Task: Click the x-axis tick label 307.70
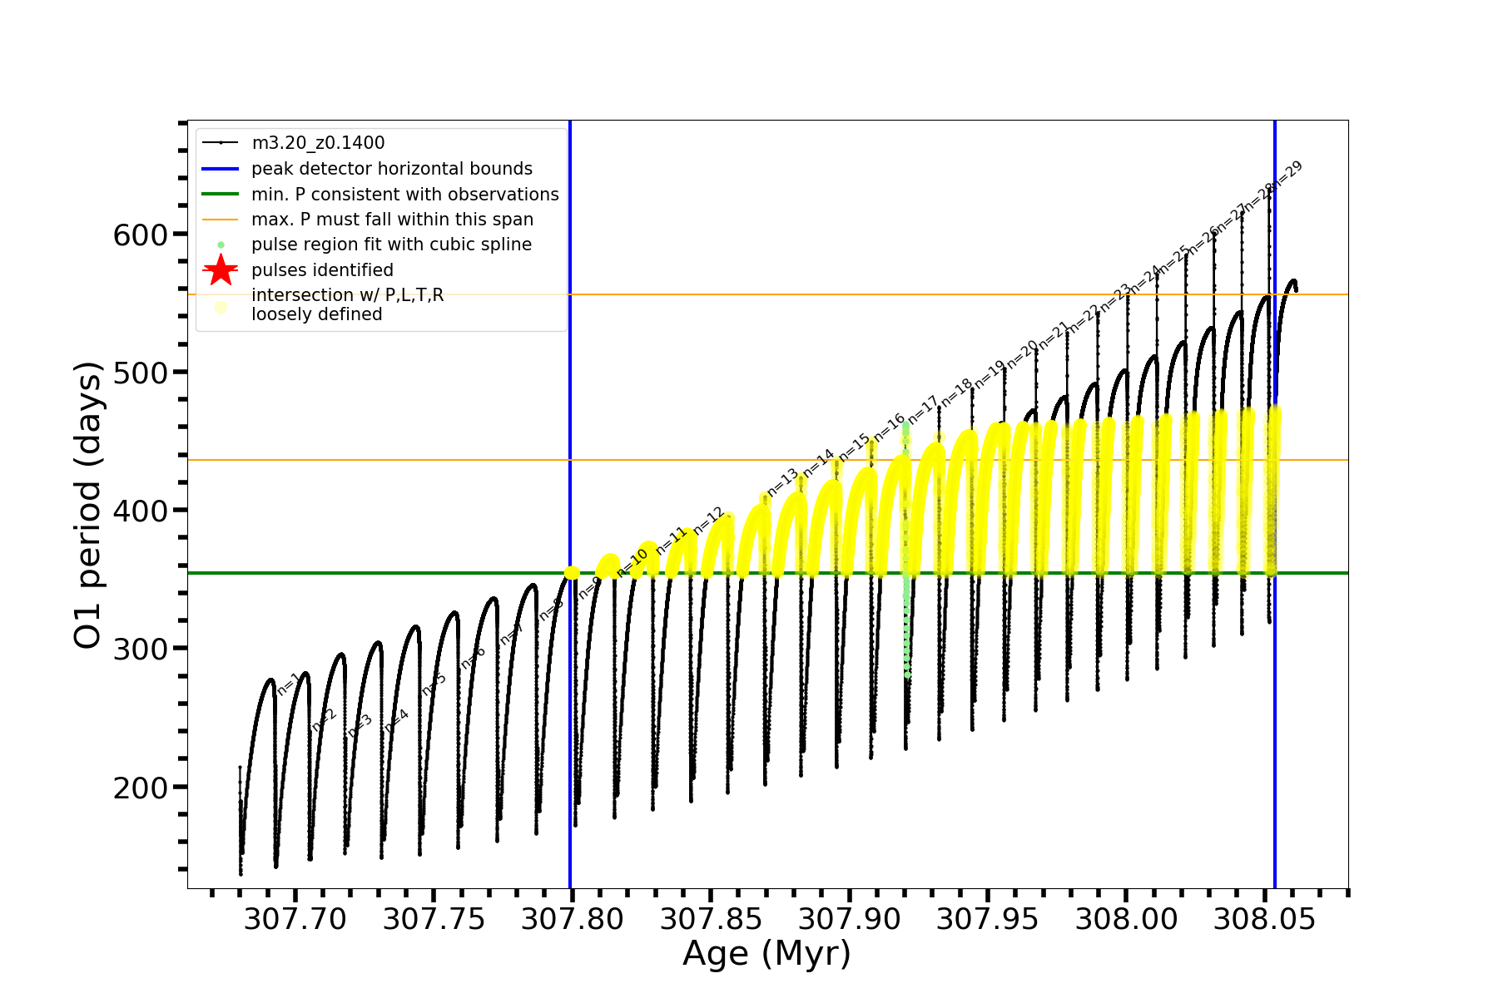(x=295, y=919)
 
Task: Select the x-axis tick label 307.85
(x=711, y=919)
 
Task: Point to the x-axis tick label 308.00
(x=1126, y=919)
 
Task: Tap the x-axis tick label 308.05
(x=1264, y=919)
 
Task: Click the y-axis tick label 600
(x=141, y=235)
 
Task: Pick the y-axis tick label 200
(x=141, y=787)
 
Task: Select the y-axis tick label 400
(x=141, y=511)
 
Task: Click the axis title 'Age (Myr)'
(x=766, y=954)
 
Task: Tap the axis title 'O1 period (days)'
(x=87, y=505)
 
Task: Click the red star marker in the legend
(x=221, y=270)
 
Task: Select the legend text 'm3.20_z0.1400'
(x=318, y=143)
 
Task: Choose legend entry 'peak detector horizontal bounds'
(x=391, y=169)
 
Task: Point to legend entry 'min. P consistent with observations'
(x=404, y=195)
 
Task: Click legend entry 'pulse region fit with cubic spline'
(x=391, y=245)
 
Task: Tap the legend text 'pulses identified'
(x=322, y=270)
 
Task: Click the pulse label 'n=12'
(x=709, y=520)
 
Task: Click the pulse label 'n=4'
(x=397, y=720)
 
